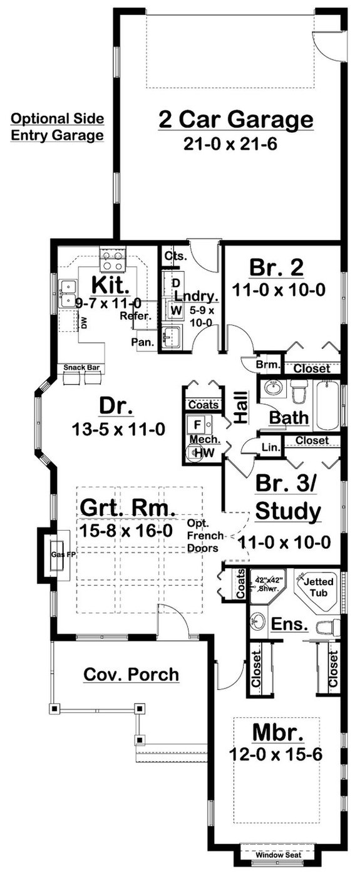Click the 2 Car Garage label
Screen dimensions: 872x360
click(x=235, y=119)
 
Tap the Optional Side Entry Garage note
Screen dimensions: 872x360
click(x=57, y=127)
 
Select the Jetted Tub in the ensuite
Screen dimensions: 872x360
click(x=319, y=586)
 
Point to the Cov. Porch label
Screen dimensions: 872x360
click(x=131, y=675)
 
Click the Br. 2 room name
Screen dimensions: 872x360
click(x=276, y=268)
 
